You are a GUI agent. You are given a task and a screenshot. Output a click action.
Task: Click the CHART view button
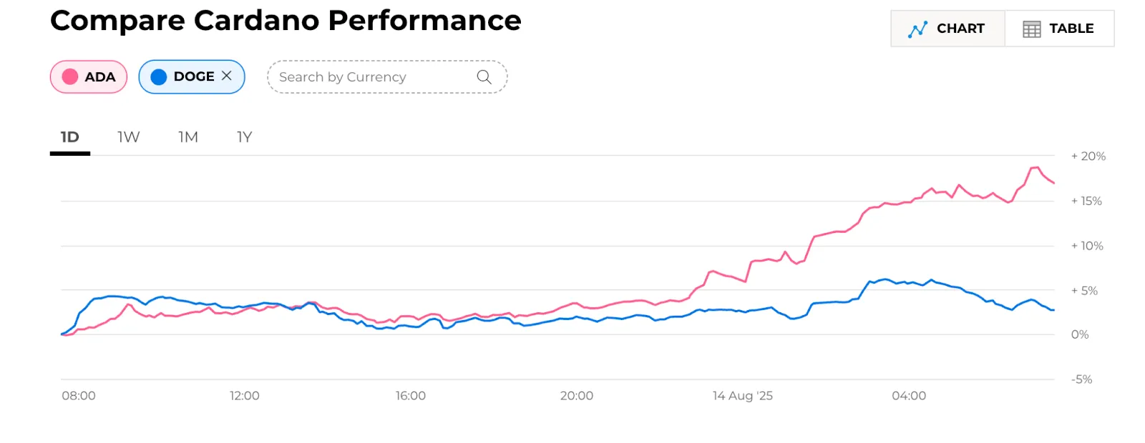tap(947, 29)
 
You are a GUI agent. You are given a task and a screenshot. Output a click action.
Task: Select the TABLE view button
tap(1059, 29)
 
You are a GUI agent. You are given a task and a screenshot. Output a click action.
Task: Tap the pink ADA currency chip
tap(89, 77)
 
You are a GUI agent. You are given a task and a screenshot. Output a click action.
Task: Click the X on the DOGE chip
tap(227, 76)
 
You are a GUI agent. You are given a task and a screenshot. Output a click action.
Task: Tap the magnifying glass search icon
tap(484, 77)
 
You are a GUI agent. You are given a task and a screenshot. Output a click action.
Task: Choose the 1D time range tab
tap(70, 137)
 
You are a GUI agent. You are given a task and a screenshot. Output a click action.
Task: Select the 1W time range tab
tap(129, 137)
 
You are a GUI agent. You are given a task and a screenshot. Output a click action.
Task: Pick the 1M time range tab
tap(188, 137)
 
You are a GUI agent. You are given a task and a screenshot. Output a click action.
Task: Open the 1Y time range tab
tap(245, 137)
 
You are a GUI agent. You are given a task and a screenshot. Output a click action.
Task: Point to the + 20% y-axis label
tap(1088, 156)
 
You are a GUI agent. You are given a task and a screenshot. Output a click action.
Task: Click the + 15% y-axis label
tap(1086, 201)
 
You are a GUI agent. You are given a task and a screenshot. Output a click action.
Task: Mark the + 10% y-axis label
tap(1087, 246)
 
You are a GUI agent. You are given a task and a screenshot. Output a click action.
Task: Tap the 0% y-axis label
tap(1080, 334)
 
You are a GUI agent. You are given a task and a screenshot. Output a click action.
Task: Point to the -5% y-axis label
tap(1082, 379)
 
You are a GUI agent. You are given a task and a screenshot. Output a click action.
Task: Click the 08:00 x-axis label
tap(79, 396)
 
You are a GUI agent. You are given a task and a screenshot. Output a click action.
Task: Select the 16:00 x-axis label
tap(411, 396)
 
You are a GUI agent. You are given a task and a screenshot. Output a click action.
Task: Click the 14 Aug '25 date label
tap(743, 396)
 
